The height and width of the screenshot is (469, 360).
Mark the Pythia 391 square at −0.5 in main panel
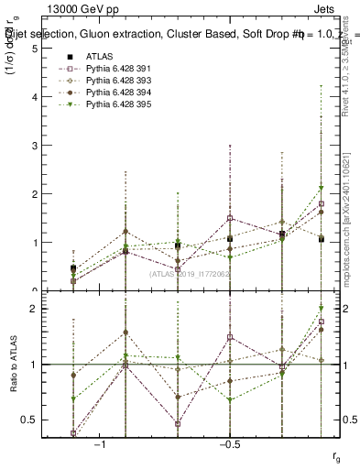tap(230, 218)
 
